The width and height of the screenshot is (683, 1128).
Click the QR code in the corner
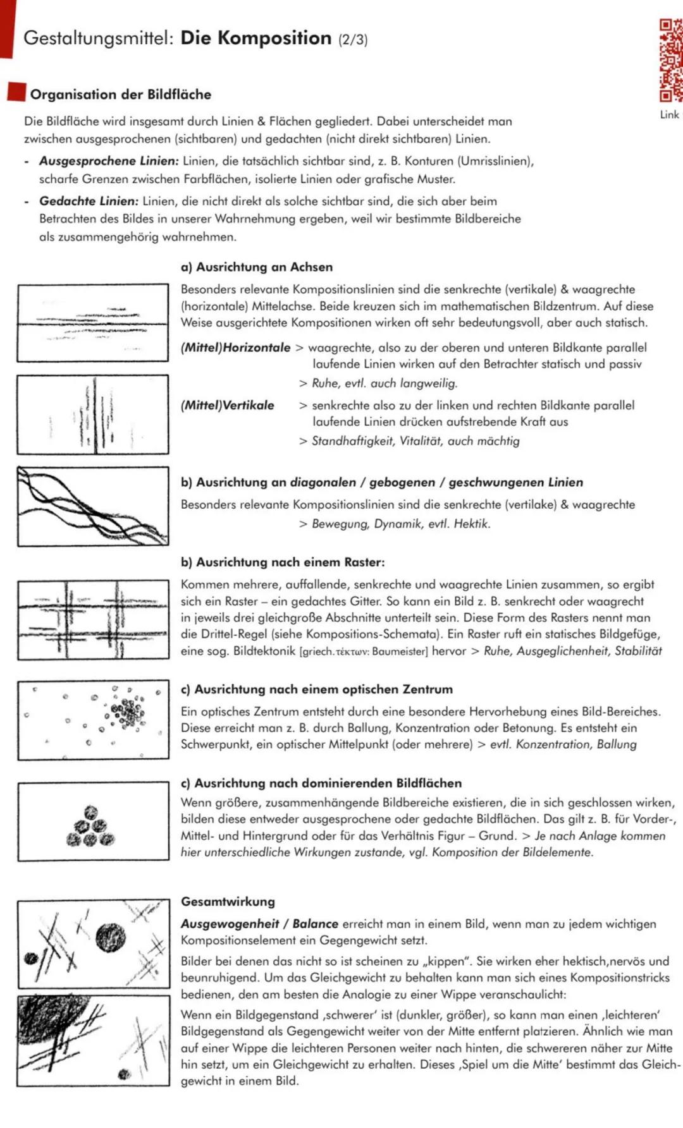[x=670, y=61]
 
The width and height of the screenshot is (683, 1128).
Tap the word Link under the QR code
[x=669, y=114]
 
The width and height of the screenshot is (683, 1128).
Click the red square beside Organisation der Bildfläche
[x=16, y=92]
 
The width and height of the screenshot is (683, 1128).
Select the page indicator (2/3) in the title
[x=352, y=39]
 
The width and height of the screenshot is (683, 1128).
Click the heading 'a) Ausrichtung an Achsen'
[x=257, y=267]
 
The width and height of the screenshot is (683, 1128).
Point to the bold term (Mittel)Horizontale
[x=236, y=348]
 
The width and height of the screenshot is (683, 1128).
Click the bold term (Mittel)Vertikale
[x=228, y=405]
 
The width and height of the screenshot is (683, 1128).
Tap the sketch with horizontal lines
[x=93, y=323]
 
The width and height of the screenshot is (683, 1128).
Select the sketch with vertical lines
[x=93, y=415]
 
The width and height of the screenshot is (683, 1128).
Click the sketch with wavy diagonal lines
[x=93, y=506]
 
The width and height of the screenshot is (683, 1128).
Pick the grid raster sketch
[x=93, y=620]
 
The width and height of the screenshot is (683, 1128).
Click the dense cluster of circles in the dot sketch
[x=128, y=712]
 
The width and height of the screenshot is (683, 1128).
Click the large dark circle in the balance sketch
[x=111, y=937]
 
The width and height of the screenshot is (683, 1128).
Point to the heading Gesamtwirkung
[x=228, y=901]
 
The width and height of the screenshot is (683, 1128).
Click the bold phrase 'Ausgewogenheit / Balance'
[x=260, y=924]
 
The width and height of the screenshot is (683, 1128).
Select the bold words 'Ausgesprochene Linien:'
[x=109, y=161]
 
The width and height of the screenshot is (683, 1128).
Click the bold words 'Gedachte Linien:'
[x=89, y=201]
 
